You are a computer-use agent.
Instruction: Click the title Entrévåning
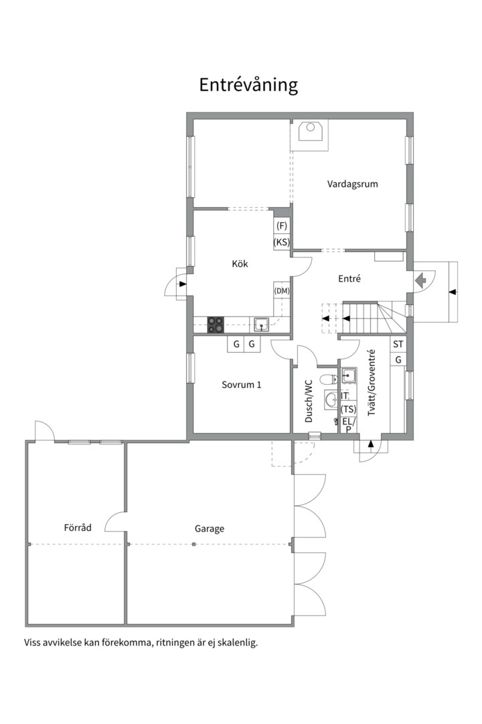[248, 85]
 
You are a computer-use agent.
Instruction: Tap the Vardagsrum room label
[352, 184]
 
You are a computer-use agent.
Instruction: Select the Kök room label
[240, 264]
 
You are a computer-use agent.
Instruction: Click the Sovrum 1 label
[241, 385]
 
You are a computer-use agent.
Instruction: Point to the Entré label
[349, 279]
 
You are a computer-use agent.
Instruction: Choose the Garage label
[210, 528]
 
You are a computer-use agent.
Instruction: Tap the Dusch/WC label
[309, 401]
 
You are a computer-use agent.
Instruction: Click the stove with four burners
[216, 324]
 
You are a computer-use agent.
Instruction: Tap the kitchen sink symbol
[262, 324]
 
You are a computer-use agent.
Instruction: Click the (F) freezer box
[281, 226]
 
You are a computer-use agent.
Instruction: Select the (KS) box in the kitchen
[281, 242]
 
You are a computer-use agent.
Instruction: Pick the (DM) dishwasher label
[281, 290]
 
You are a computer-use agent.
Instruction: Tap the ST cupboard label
[398, 345]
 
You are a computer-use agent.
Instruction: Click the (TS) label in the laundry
[348, 409]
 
